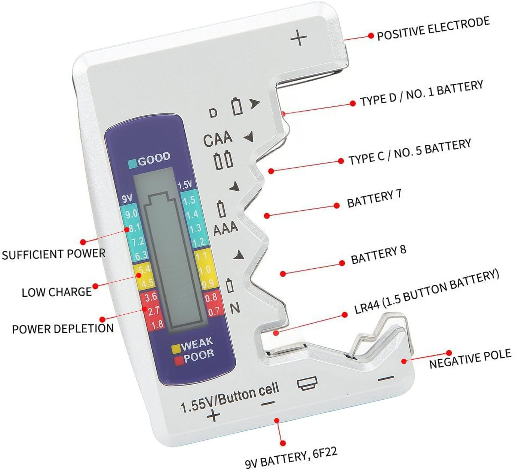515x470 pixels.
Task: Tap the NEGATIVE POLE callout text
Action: point(470,358)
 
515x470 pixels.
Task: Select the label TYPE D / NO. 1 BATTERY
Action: point(421,93)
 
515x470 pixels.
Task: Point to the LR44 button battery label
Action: point(426,292)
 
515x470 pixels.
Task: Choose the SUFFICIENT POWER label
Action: point(53,254)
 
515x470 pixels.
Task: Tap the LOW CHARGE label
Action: point(56,292)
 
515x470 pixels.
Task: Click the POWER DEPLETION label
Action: point(63,329)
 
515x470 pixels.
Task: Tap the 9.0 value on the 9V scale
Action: point(131,214)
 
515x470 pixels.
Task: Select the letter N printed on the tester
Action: point(234,308)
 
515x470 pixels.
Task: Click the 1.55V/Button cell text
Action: point(230,397)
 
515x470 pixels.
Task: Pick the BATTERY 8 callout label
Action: point(378,255)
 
